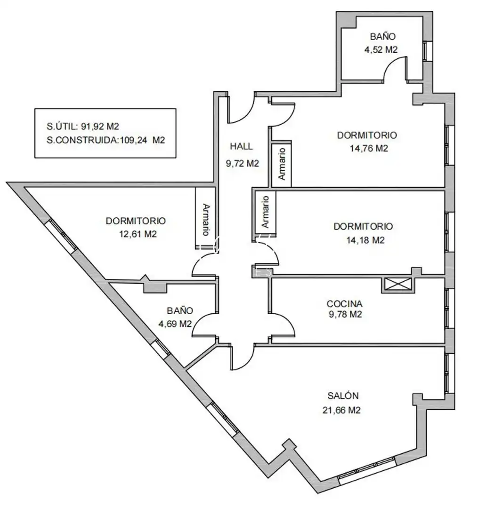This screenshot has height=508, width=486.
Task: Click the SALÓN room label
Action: (x=343, y=395)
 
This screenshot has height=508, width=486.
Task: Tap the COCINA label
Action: (x=345, y=304)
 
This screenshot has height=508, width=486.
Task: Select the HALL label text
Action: (x=241, y=146)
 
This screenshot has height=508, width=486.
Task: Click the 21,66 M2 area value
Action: (x=341, y=410)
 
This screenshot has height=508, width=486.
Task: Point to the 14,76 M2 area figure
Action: (x=369, y=148)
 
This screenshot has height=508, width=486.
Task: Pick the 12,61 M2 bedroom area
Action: (x=138, y=234)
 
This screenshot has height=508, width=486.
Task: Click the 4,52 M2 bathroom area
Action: (x=381, y=49)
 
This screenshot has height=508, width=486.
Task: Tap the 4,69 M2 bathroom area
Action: (x=175, y=324)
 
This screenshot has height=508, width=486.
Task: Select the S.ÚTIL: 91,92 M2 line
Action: (x=83, y=126)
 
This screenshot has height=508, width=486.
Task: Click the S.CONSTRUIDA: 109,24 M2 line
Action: (x=106, y=140)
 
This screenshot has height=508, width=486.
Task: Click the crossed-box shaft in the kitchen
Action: (x=398, y=285)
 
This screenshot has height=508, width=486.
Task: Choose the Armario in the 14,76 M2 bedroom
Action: (x=282, y=164)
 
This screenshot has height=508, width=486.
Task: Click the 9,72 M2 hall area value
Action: (x=243, y=163)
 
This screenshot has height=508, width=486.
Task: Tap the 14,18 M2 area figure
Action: (x=365, y=240)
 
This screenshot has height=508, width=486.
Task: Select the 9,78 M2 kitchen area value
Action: (x=345, y=314)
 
